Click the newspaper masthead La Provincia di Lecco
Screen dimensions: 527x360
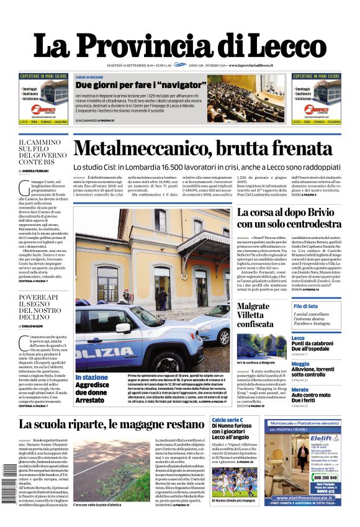179,45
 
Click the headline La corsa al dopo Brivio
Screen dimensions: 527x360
289,217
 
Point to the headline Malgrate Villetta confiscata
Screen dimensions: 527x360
254,315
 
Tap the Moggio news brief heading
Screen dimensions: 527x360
300,364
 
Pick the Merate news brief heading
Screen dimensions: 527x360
300,389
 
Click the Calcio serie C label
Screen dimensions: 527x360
227,420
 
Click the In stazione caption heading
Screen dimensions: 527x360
91,377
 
